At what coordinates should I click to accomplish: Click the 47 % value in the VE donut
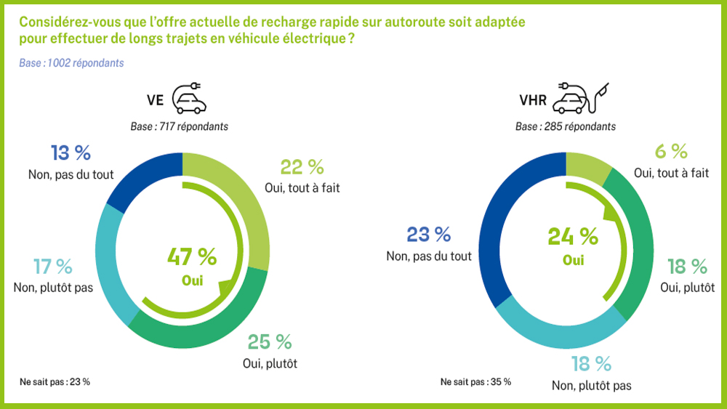coord(192,256)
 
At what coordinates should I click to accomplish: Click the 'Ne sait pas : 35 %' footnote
coord(475,381)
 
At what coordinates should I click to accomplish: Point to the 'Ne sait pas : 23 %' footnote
coord(55,381)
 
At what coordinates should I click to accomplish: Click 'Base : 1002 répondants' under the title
coord(72,63)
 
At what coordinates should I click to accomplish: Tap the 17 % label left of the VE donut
coord(53,267)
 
